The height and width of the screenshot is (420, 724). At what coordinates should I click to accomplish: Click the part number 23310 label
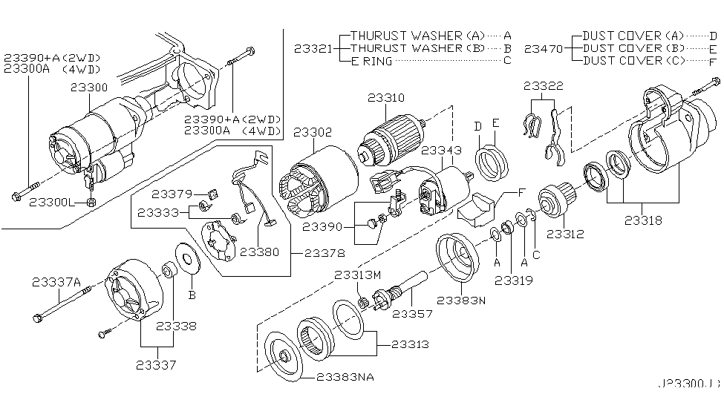pyautogui.click(x=386, y=98)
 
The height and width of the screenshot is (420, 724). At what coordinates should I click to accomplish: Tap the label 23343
pyautogui.click(x=441, y=151)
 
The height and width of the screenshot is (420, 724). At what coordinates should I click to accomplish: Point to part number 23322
pyautogui.click(x=543, y=87)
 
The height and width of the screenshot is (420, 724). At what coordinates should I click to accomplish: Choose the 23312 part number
pyautogui.click(x=566, y=234)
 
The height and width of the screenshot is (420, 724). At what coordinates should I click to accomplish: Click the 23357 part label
pyautogui.click(x=418, y=315)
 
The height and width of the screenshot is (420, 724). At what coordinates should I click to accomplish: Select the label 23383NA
pyautogui.click(x=345, y=377)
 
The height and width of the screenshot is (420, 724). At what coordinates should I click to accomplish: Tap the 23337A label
pyautogui.click(x=56, y=281)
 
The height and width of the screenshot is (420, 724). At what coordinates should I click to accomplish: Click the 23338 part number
pyautogui.click(x=175, y=326)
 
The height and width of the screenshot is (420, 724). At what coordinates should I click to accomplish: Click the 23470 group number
pyautogui.click(x=544, y=48)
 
